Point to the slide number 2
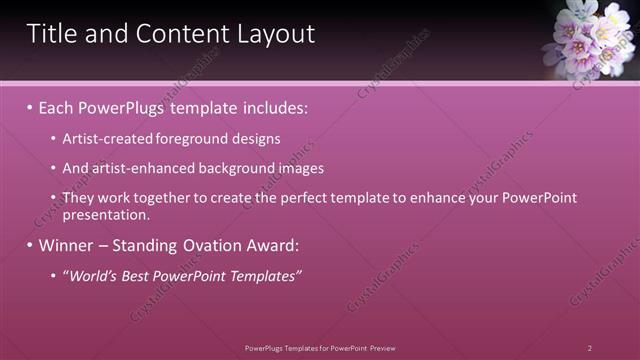[x=590, y=347]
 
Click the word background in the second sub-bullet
[x=234, y=168]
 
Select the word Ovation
[x=206, y=245]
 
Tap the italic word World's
[x=93, y=276]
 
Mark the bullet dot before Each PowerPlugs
[x=30, y=106]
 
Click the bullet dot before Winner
[x=30, y=245]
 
